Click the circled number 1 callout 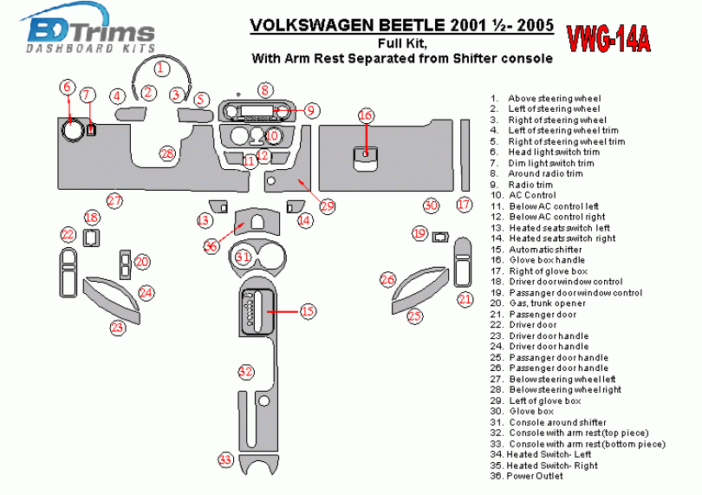[x=160, y=67]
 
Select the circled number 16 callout [x=366, y=115]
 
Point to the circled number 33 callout [x=225, y=459]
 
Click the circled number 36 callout [x=211, y=246]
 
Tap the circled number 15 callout [x=308, y=310]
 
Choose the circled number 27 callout [x=114, y=200]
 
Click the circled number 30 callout [x=431, y=205]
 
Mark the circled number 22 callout [x=68, y=234]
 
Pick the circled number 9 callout [x=311, y=110]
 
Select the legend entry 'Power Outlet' [x=535, y=476]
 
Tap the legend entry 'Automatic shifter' [x=545, y=250]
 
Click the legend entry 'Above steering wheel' [x=554, y=99]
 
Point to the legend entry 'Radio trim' [x=530, y=185]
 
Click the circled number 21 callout [x=465, y=299]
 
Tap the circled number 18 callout [x=92, y=217]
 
